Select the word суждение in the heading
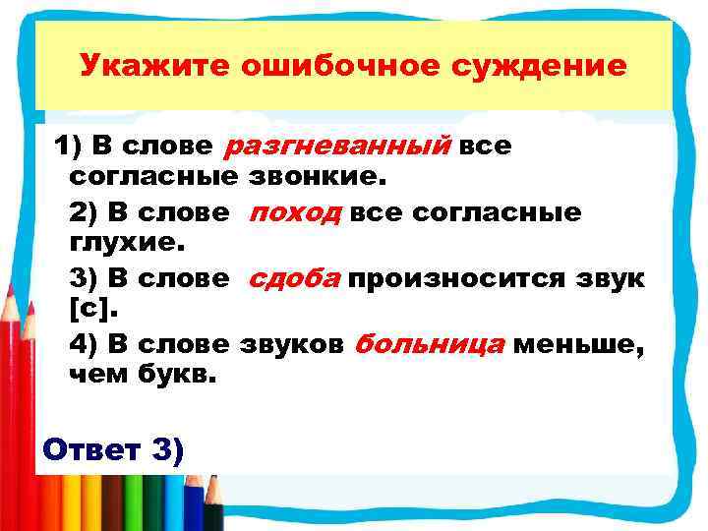(x=537, y=66)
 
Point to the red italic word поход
(x=293, y=212)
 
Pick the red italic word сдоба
(x=294, y=278)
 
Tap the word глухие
(x=115, y=245)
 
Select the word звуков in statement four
(x=291, y=344)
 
